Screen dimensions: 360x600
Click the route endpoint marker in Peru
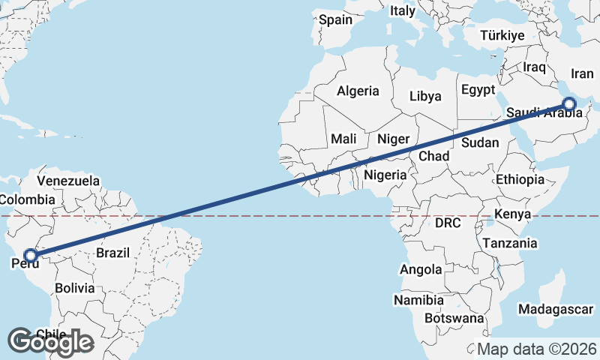click(30, 256)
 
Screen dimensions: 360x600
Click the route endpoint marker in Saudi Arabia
click(569, 104)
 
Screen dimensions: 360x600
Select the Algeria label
click(358, 91)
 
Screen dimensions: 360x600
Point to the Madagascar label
click(556, 309)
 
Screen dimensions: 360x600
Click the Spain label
click(335, 19)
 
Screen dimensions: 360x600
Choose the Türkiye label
click(502, 36)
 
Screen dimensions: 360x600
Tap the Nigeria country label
click(385, 175)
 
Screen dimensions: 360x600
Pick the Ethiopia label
click(520, 179)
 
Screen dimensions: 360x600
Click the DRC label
click(448, 223)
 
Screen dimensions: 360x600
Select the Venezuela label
click(67, 181)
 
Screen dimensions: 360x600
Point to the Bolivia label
click(74, 287)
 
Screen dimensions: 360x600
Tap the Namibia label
click(418, 299)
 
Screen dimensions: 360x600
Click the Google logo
click(50, 342)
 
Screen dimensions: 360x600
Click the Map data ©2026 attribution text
click(537, 349)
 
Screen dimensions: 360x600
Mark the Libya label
click(425, 96)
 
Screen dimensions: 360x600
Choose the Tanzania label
click(510, 243)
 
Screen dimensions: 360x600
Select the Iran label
click(582, 73)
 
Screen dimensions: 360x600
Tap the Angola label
click(421, 269)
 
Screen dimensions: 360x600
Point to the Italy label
click(402, 10)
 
